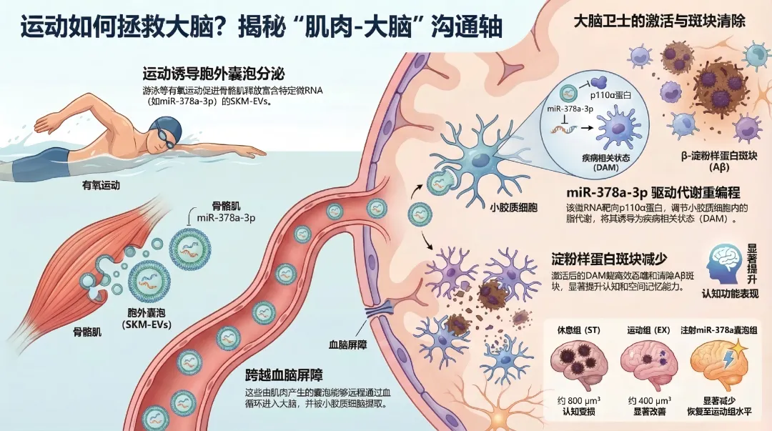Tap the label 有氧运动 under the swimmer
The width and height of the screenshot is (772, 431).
[x=101, y=185]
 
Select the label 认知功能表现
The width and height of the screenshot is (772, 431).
[x=730, y=294]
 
